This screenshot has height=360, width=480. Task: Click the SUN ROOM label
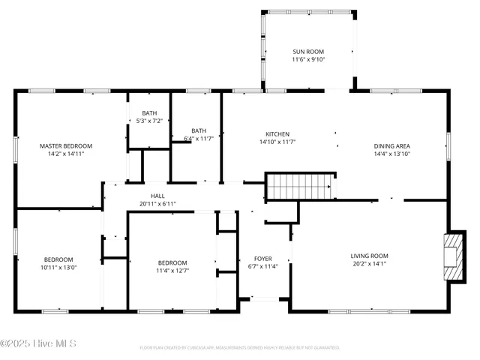click(307, 52)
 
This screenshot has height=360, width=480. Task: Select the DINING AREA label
click(391, 146)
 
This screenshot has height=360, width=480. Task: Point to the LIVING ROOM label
click(370, 256)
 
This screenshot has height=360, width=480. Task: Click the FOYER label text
click(262, 259)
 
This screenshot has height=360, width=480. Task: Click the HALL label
click(157, 196)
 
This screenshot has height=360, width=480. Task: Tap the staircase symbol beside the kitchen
click(300, 186)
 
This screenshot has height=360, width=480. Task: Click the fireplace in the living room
click(454, 256)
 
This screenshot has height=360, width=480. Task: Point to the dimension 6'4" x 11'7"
click(199, 138)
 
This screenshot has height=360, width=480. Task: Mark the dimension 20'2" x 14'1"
click(370, 263)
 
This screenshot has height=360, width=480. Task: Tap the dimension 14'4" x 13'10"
click(391, 154)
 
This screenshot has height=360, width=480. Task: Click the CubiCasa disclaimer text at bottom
click(240, 348)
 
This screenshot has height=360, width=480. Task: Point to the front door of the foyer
click(263, 300)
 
